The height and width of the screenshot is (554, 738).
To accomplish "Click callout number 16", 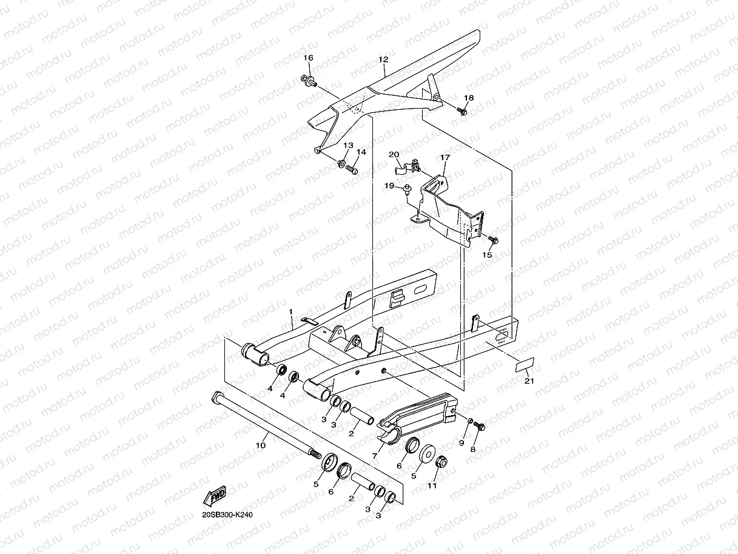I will pos(308,58).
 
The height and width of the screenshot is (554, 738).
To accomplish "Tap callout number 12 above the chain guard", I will pos(383,60).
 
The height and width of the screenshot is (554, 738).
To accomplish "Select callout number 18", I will pos(469,98).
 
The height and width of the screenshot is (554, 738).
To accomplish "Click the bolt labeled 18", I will pos(463,111).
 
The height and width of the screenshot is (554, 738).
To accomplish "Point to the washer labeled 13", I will pos(342,164).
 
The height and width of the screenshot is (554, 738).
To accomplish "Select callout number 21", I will pos(529,381).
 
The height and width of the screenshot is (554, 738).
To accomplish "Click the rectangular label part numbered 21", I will pos(525,364).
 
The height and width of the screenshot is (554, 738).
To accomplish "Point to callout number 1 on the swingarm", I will pos(290,312).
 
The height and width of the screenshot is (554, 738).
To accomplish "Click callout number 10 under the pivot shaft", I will pos(261,445).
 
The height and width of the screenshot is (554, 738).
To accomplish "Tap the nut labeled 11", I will pos(441,462).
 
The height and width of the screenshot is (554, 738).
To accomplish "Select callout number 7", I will pos(375,455).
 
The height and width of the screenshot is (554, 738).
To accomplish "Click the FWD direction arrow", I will pos(216,496).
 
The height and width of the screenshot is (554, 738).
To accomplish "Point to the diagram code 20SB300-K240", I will pos(227,515).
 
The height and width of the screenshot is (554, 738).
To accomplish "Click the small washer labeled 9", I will pos(469,421).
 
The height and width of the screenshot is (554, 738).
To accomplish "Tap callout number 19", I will pos(389,186).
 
